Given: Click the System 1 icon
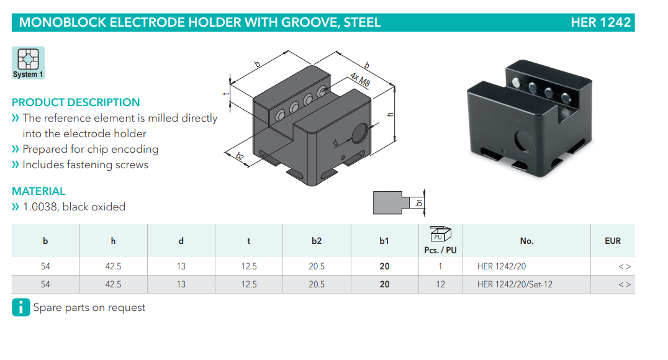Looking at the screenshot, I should (28, 63).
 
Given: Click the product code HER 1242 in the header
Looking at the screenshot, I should (600, 23).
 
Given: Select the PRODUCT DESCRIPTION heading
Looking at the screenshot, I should (76, 102).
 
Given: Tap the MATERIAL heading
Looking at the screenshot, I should (38, 191).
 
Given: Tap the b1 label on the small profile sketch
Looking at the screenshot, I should (420, 202).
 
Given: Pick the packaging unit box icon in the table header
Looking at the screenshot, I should (440, 235).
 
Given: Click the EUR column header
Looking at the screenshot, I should (612, 241).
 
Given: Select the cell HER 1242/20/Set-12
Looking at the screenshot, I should (515, 284).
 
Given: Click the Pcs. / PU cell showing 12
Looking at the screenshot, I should (440, 284).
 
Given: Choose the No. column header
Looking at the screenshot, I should (526, 241).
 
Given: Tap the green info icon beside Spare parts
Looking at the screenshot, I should (20, 307).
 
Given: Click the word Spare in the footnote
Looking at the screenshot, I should (48, 307).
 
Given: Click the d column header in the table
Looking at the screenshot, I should (181, 241).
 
